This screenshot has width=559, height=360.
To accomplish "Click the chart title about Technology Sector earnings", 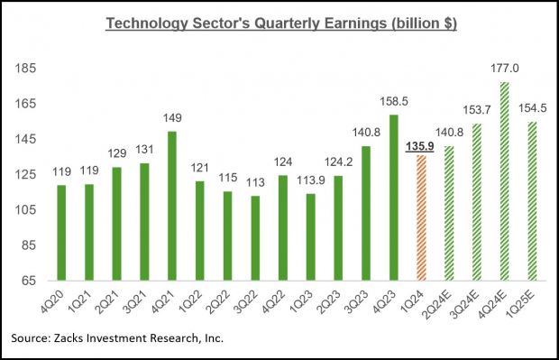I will coord(279,23).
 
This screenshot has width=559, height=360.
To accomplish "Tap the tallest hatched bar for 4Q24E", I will coord(504,180).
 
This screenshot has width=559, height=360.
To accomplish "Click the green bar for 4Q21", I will coord(171,206).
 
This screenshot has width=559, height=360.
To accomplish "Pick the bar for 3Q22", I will coord(255,237).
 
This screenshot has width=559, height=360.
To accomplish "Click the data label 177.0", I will coord(504,70).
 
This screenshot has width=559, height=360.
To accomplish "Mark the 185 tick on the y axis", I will coord(24,69).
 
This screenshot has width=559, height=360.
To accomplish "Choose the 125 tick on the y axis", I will coord(24,174).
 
